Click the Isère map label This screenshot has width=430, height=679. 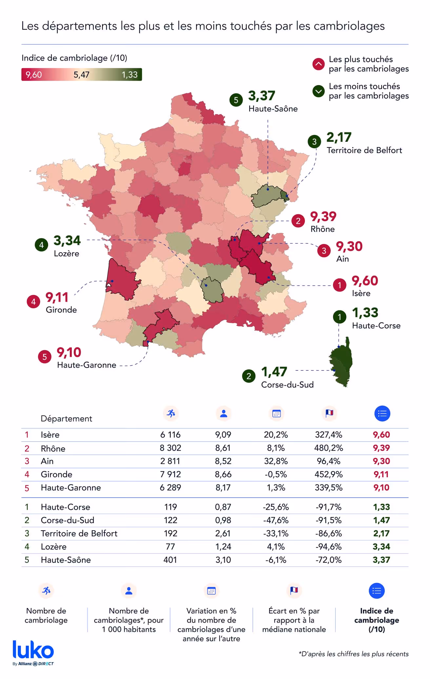[x=361, y=293]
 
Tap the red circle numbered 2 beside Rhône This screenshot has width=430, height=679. [x=298, y=221]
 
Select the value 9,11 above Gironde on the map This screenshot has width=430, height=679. [x=57, y=297]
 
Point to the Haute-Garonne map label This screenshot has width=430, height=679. [x=87, y=365]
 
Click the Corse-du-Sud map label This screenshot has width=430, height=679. [x=287, y=385]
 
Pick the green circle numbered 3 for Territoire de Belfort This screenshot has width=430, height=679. [x=314, y=141]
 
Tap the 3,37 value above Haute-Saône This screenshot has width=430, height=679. [x=262, y=96]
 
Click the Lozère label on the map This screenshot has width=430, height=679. [x=67, y=254]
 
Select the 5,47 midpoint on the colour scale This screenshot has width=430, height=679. [x=81, y=75]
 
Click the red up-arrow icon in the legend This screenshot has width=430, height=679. [x=318, y=64]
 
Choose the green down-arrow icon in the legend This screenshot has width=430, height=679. [x=318, y=91]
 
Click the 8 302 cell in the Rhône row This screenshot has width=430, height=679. [x=170, y=448]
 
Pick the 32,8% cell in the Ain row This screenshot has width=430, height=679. [x=276, y=461]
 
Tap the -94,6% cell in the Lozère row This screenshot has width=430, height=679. [x=328, y=547]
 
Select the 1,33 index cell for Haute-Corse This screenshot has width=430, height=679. [x=381, y=507]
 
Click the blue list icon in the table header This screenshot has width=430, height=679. [x=382, y=414]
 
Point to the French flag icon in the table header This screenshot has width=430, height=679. [x=329, y=413]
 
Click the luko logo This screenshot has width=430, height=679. [x=33, y=651]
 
